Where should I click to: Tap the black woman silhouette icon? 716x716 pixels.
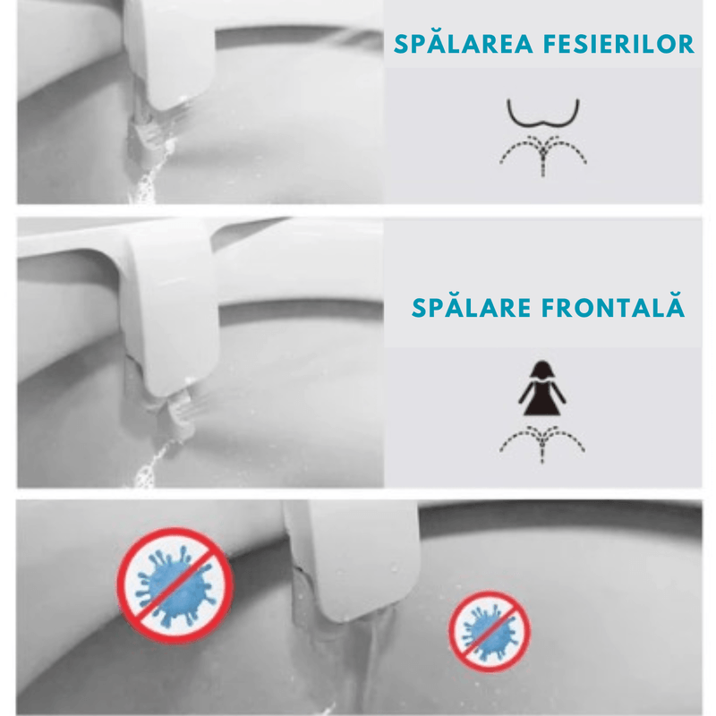coord(542,390)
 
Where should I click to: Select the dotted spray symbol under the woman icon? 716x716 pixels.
coord(542,441)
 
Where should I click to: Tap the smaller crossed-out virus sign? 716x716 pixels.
coord(490,633)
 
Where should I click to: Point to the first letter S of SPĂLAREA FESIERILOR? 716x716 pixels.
coord(401,44)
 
